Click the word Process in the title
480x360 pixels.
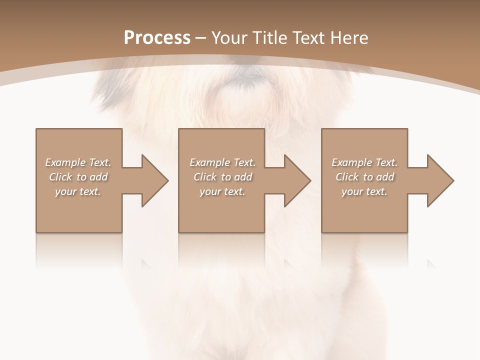point(157,38)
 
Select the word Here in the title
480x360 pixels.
point(349,38)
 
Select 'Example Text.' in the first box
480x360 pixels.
point(78,162)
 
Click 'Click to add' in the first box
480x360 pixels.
point(78,177)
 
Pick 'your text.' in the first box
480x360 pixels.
point(78,191)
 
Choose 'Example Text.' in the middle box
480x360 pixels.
point(222,162)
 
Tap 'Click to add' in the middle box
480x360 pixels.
point(222,177)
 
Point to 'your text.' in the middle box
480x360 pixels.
point(222,191)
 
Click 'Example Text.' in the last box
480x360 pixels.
point(364,162)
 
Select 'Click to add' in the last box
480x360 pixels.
point(364,177)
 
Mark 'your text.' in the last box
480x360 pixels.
point(364,191)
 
